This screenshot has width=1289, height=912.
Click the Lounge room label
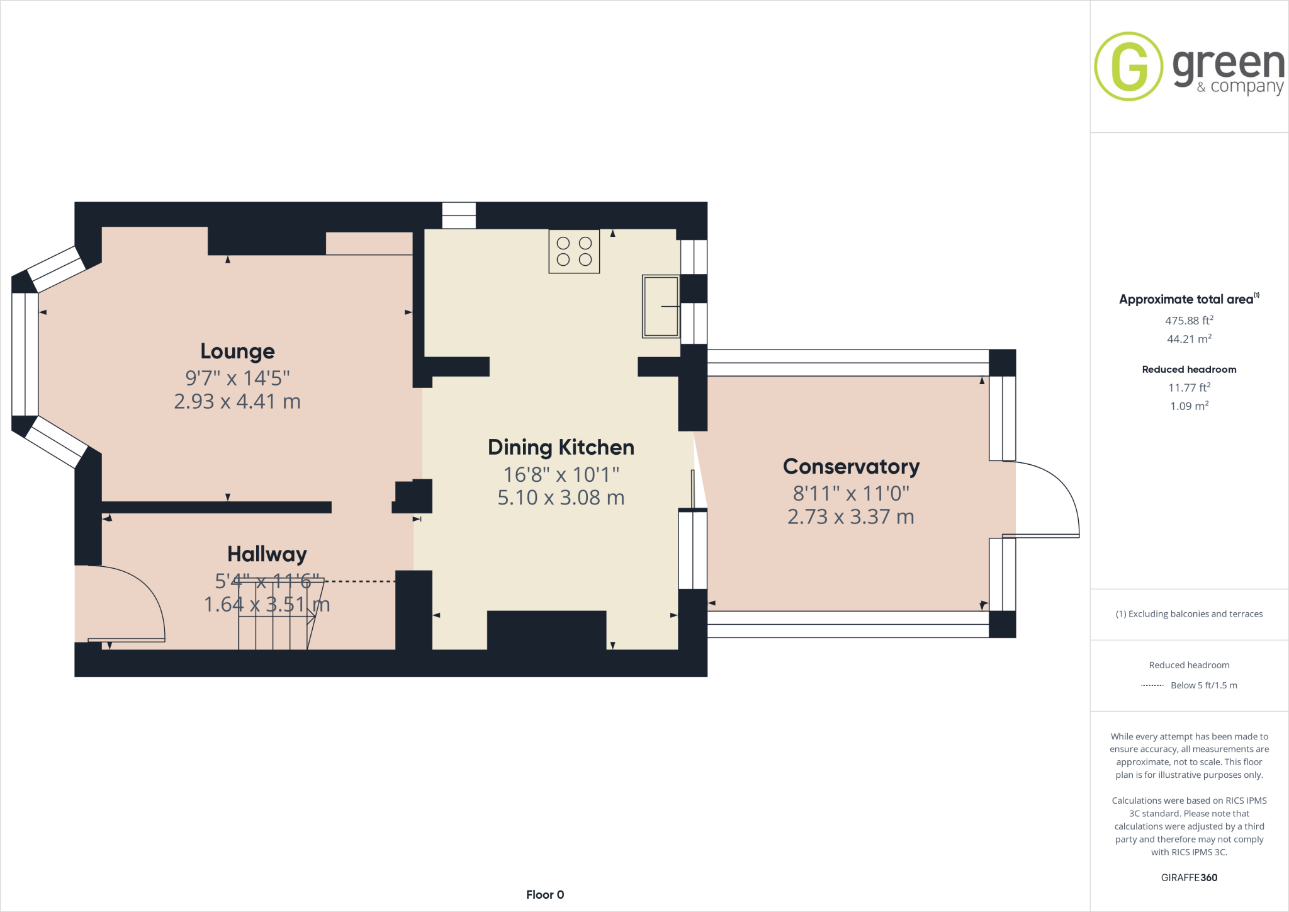(x=237, y=351)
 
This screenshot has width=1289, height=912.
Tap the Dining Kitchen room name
(x=561, y=447)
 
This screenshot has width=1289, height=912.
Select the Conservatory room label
(x=851, y=467)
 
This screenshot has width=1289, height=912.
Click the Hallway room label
(x=267, y=554)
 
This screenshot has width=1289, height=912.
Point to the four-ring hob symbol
(x=574, y=251)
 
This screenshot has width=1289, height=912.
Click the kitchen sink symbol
(x=660, y=306)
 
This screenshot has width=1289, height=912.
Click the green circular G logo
(x=1129, y=66)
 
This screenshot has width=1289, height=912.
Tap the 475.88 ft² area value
(x=1189, y=321)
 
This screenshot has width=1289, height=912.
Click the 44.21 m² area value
(x=1189, y=339)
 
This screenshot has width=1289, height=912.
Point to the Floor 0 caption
(x=545, y=894)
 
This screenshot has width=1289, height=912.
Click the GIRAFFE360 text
(x=1189, y=877)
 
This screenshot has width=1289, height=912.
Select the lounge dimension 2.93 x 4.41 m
(x=237, y=401)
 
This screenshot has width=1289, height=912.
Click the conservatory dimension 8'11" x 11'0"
(x=851, y=493)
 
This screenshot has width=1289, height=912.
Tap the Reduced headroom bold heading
(x=1189, y=370)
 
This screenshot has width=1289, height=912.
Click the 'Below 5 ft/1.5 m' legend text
(x=1203, y=685)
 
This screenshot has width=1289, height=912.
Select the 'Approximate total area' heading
(x=1186, y=300)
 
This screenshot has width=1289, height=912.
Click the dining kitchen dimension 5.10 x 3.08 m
(x=561, y=498)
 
